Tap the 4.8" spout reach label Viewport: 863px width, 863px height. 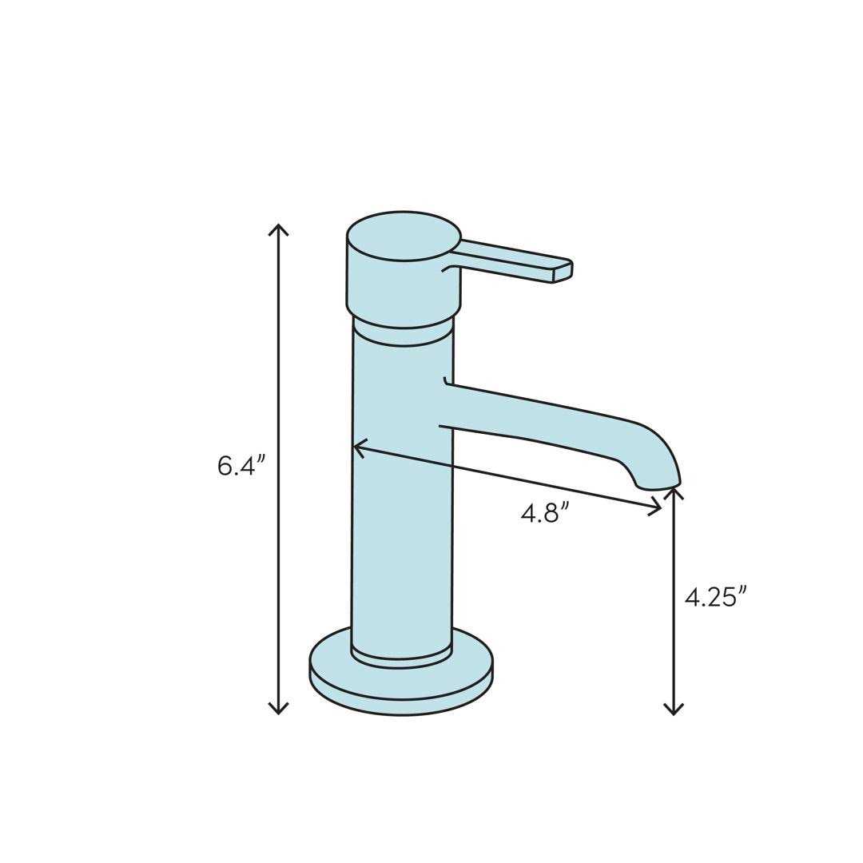click(x=544, y=512)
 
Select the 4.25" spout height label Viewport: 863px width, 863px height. click(x=715, y=597)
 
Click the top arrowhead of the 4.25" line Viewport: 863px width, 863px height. click(x=674, y=491)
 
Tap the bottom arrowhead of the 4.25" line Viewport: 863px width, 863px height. click(x=674, y=710)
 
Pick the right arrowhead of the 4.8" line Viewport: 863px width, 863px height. click(x=657, y=507)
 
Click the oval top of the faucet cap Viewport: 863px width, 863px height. click(x=404, y=236)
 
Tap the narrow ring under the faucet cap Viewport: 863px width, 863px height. click(x=404, y=335)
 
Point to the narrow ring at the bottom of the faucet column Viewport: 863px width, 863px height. click(x=401, y=659)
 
